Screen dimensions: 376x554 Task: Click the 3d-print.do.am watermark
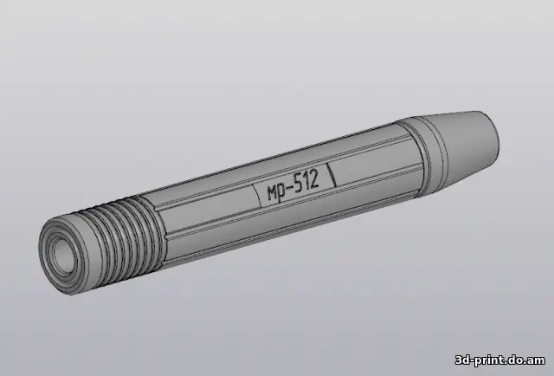500,360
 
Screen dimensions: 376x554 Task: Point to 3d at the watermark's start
462,360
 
